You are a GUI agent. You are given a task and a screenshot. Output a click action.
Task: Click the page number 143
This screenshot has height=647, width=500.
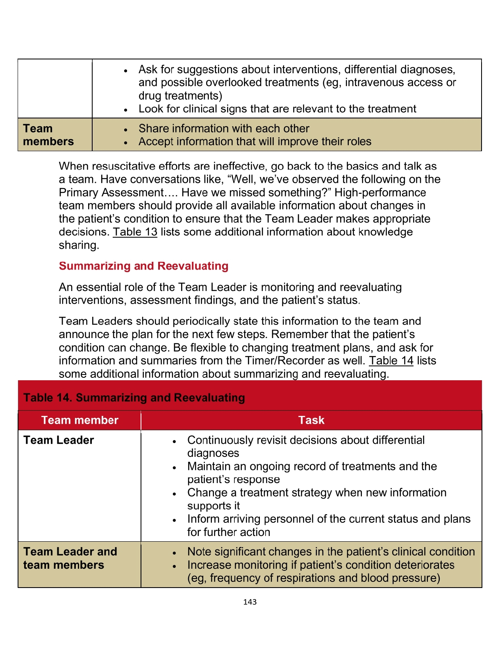click(250, 602)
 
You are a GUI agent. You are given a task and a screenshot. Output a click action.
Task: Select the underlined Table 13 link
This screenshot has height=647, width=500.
click(135, 232)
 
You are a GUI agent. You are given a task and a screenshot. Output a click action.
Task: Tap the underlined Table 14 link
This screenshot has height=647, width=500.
click(391, 361)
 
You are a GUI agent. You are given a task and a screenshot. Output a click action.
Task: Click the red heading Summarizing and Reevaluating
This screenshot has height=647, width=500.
click(143, 266)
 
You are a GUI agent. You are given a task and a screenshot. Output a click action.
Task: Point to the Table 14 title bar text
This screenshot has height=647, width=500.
click(134, 397)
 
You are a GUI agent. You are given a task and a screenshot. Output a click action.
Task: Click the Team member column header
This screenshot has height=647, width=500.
click(80, 420)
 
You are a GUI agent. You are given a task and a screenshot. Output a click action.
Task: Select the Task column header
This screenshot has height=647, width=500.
click(311, 420)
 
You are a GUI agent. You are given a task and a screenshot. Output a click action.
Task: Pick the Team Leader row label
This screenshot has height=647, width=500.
click(59, 440)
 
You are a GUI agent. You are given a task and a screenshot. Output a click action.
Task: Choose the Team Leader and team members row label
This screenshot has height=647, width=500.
click(70, 558)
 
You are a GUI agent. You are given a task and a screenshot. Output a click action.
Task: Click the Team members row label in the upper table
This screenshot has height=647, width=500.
click(48, 135)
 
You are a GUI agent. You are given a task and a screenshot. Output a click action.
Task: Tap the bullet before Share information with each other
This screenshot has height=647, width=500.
click(126, 129)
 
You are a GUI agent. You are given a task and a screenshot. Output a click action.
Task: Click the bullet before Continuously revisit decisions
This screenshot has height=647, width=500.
click(175, 441)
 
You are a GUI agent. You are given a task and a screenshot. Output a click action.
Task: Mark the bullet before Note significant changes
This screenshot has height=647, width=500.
click(175, 553)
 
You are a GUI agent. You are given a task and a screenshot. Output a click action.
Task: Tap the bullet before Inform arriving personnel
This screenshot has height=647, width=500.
click(175, 520)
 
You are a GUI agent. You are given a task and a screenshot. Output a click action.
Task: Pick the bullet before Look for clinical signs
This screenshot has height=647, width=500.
click(126, 110)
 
